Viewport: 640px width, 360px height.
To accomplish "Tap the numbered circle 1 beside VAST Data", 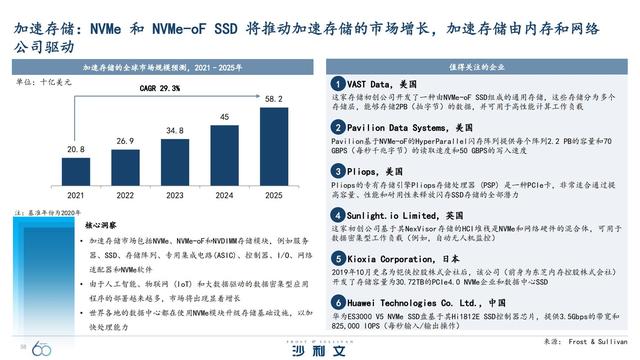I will click(339, 83).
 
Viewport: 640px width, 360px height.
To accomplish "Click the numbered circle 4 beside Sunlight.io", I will click(339, 214).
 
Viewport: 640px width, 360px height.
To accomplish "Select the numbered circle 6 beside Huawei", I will click(339, 301).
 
